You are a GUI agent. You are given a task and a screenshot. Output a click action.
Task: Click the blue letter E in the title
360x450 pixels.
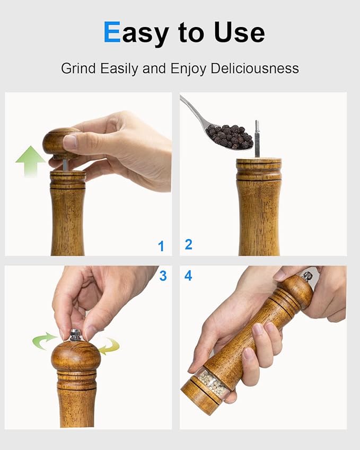click(x=112, y=32)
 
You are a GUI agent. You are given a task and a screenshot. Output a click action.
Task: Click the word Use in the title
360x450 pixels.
click(x=239, y=32)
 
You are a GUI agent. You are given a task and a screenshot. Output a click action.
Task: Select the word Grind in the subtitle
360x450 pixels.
click(x=77, y=68)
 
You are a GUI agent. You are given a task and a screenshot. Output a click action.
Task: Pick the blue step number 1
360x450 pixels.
click(x=161, y=246)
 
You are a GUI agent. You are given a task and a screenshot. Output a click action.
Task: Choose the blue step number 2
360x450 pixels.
click(x=188, y=244)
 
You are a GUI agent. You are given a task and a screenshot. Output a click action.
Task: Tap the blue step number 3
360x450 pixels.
click(x=163, y=276)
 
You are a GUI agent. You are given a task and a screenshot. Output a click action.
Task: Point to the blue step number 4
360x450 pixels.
click(x=188, y=276)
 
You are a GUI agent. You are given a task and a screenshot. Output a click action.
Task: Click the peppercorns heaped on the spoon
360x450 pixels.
click(x=230, y=136)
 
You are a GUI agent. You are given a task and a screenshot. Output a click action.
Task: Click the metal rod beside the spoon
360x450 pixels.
click(x=257, y=138)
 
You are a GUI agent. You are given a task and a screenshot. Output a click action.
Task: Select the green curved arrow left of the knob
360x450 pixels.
click(x=44, y=340)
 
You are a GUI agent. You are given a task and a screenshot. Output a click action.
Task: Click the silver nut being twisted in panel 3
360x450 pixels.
click(x=76, y=334)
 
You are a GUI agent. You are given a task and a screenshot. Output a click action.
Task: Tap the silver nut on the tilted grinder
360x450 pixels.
click(x=306, y=276)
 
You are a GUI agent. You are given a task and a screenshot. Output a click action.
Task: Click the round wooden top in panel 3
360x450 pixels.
click(x=76, y=357)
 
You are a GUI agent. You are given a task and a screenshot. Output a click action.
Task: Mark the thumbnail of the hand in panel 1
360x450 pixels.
click(x=70, y=142)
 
